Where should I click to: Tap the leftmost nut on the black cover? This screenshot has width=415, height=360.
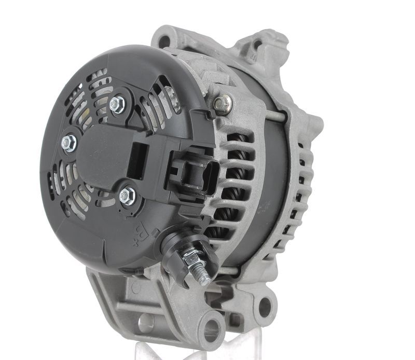click(x=69, y=143)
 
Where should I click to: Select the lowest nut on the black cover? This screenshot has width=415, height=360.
click(x=127, y=196)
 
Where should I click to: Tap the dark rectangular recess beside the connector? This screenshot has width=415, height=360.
click(x=137, y=161)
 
